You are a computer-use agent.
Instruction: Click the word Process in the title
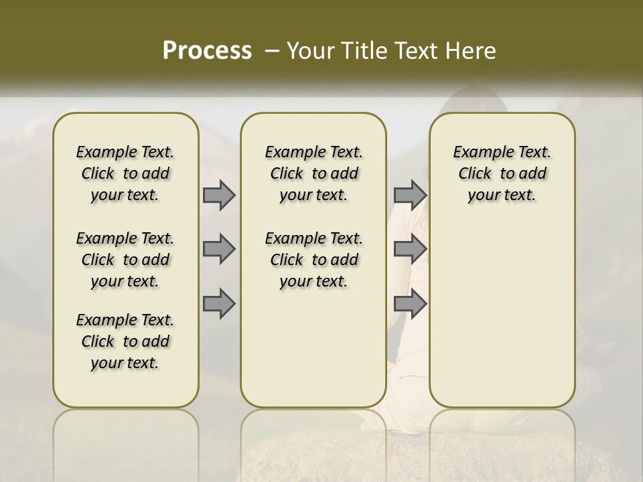point(207,50)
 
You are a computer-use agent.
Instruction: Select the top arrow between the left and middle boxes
point(219,195)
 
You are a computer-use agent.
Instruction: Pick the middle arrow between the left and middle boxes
point(219,249)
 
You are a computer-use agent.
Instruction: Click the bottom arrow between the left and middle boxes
point(219,303)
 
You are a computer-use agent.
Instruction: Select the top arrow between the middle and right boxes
point(410,195)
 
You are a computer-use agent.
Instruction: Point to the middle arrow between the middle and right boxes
point(410,249)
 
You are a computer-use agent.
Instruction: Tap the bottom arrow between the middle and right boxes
point(410,303)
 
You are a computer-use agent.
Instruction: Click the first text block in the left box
point(125,173)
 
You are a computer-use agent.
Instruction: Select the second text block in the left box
point(125,260)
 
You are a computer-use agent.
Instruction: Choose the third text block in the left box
point(125,341)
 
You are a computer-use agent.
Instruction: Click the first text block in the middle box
point(314,173)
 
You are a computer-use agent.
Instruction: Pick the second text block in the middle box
point(314,260)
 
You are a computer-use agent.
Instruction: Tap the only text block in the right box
point(502,173)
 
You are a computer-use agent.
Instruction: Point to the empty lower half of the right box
point(502,315)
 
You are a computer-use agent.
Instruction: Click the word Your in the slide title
point(307,51)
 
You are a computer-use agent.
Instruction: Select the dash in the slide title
point(272,51)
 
